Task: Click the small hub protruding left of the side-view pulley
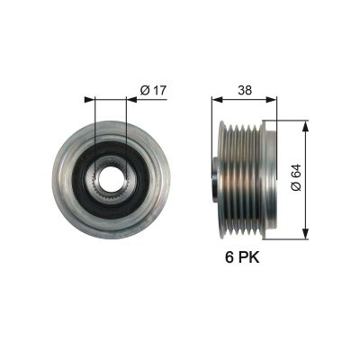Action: [214, 176]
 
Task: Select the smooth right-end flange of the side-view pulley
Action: [265, 176]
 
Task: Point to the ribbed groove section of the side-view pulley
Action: [238, 176]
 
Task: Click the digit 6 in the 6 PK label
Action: [229, 258]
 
